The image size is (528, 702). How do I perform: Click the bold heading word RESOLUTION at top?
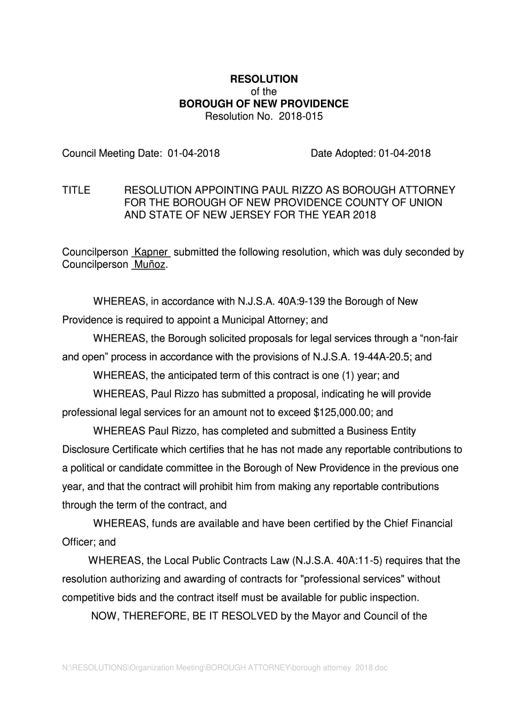(263, 80)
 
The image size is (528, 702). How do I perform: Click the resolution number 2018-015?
(300, 117)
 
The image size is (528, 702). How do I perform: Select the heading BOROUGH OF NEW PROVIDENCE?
(263, 104)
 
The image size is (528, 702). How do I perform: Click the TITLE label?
(76, 190)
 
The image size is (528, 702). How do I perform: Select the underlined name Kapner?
(151, 252)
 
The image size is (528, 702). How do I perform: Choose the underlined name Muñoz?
(149, 265)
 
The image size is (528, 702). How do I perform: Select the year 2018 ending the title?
(365, 215)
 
